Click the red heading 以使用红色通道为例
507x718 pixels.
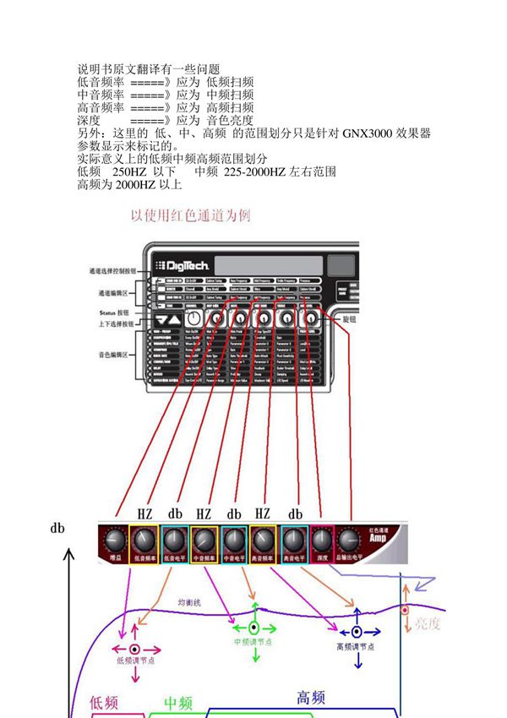pos(190,215)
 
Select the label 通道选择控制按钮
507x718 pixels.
pos(112,271)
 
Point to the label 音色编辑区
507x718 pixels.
pos(112,356)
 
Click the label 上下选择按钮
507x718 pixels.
pos(112,324)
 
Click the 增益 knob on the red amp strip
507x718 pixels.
pos(116,540)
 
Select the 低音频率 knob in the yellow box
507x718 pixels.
pos(145,540)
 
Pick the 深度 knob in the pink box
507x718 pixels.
pos(321,540)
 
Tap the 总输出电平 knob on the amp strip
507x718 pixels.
pos(350,541)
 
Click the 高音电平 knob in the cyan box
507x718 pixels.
pos(294,540)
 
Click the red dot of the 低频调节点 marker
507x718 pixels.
pos(134,648)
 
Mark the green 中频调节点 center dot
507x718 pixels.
pos(254,628)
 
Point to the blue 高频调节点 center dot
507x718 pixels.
pos(357,631)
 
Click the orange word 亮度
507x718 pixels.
pos(427,623)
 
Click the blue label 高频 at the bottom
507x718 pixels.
pos(310,697)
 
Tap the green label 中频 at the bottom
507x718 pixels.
pos(178,703)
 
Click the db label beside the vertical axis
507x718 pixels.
pos(57,529)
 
